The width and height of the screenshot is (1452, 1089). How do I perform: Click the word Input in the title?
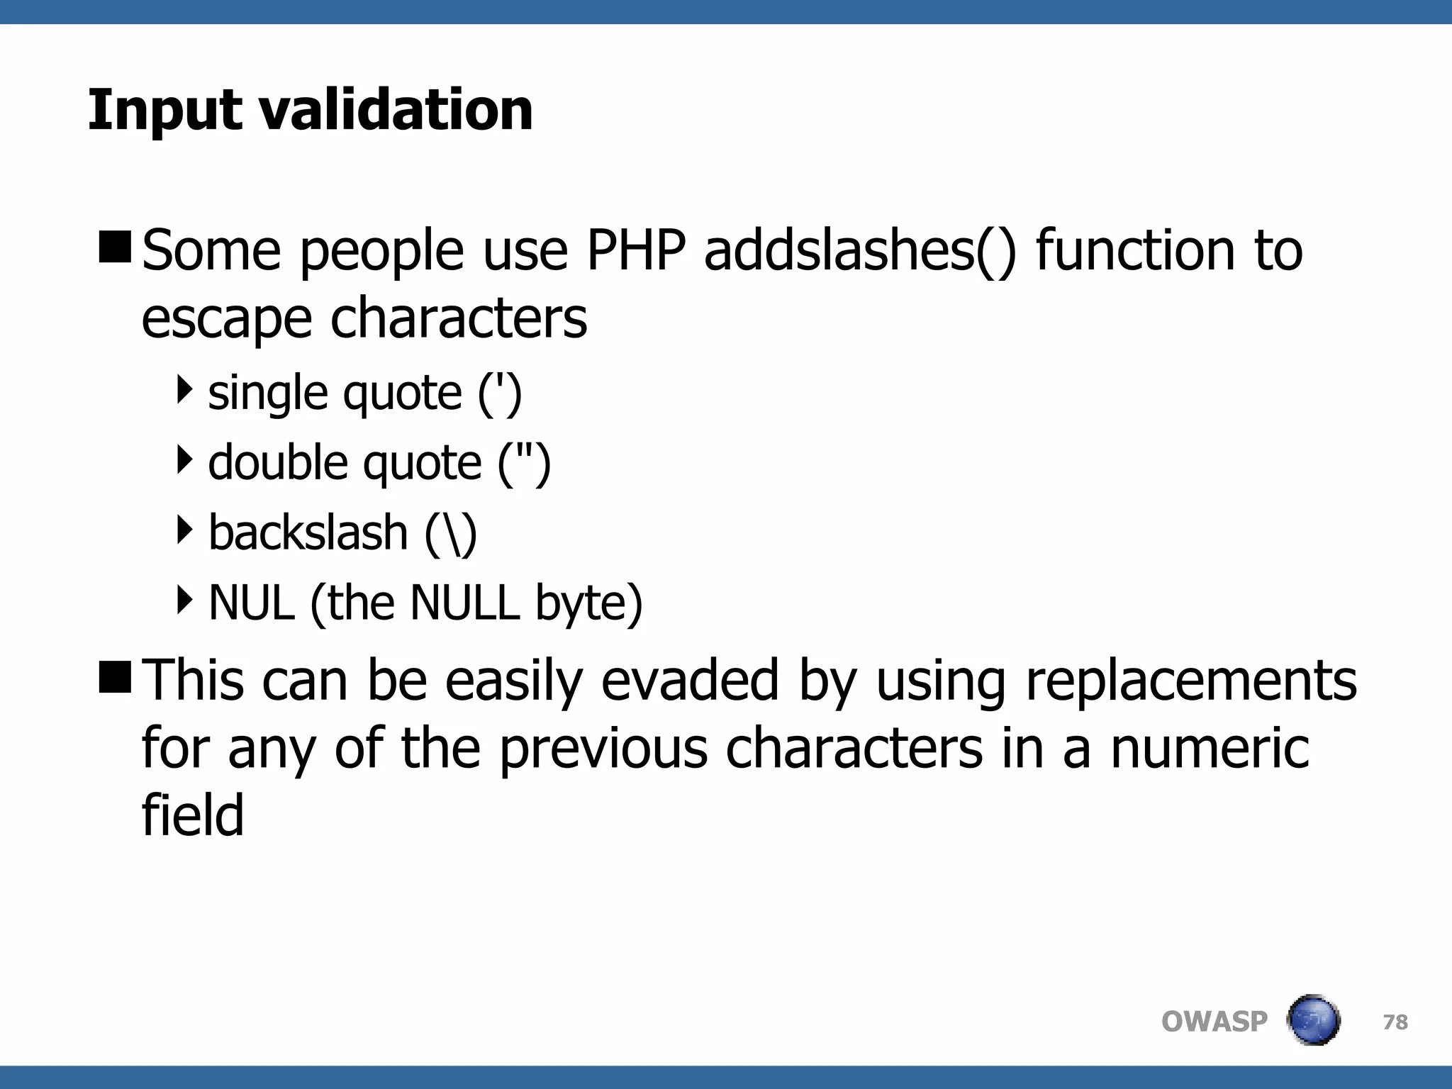(x=164, y=111)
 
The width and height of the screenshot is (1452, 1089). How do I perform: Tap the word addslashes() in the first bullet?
(x=860, y=251)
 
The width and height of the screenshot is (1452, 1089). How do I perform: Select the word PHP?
(x=636, y=251)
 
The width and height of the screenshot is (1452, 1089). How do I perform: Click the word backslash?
(x=308, y=532)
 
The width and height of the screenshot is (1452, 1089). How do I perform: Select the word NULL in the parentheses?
(x=464, y=603)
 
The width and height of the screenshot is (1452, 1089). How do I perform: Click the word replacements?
(x=1191, y=681)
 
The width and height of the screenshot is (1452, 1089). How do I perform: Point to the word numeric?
(x=1210, y=749)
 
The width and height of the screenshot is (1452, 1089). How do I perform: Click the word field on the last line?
(x=192, y=815)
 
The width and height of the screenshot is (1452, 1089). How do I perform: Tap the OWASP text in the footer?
(x=1214, y=1022)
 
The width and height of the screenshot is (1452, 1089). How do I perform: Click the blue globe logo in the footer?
(x=1313, y=1020)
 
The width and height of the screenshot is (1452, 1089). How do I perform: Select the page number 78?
(x=1395, y=1022)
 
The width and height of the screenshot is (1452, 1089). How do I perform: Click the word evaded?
(x=691, y=681)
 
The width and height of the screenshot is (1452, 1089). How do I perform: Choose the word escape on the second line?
(x=226, y=319)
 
